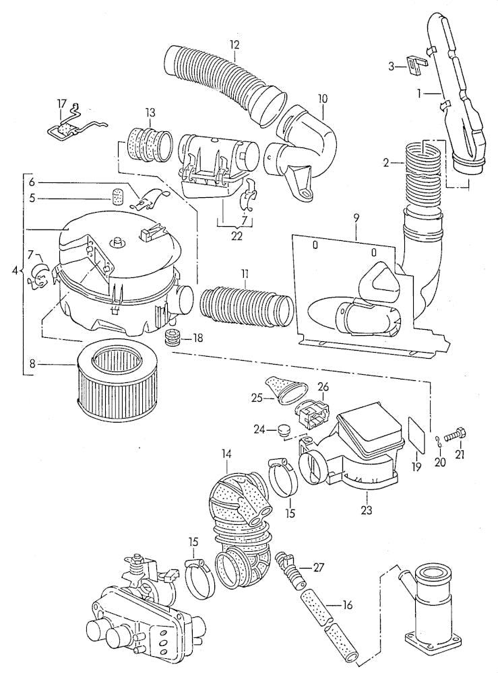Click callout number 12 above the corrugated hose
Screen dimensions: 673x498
coord(234,45)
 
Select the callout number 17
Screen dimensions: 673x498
coord(61,104)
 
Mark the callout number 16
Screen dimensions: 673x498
coord(347,605)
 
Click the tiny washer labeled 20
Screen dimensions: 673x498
coord(439,441)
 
